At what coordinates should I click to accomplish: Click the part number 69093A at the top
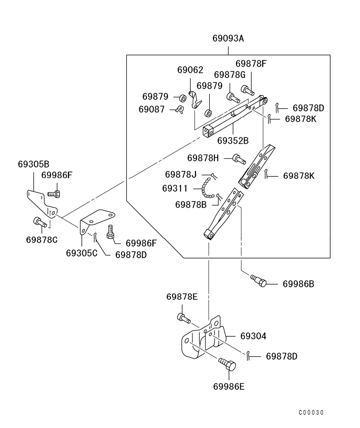pos(228,38)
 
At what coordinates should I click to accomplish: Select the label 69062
pos(190,70)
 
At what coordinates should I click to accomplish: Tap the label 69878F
pos(251,63)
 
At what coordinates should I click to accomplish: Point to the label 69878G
pos(230,75)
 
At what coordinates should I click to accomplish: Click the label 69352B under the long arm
pos(233,141)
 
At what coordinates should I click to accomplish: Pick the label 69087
pos(152,109)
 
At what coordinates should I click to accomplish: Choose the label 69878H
pos(203,158)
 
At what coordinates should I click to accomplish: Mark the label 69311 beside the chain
pos(176,188)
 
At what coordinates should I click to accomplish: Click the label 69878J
pos(181,174)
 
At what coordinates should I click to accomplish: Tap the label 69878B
pos(191,204)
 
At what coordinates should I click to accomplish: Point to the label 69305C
pos(82,252)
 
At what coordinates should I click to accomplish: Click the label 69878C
pos(42,239)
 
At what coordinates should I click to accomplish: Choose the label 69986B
pos(298,284)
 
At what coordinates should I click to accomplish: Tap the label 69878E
pos(182,297)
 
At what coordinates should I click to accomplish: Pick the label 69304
pos(253,337)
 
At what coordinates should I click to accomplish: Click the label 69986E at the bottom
pos(229,386)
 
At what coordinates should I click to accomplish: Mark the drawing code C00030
pos(311,413)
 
